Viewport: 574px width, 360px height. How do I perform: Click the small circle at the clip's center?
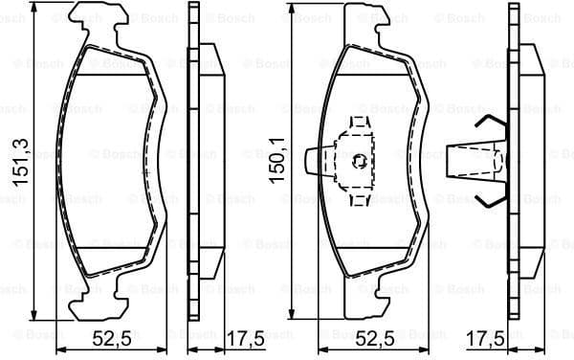pyautogui.click(x=358, y=161)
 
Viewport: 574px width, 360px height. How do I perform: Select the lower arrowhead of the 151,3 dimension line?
pyautogui.click(x=34, y=313)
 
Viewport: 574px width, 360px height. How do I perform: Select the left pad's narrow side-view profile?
pyautogui.click(x=197, y=161)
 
